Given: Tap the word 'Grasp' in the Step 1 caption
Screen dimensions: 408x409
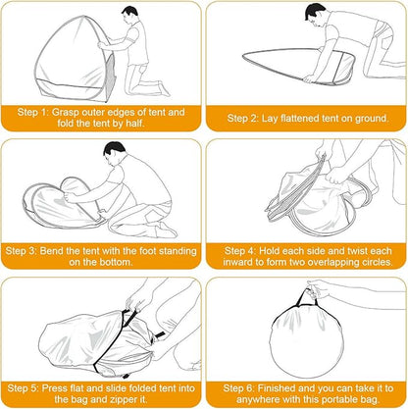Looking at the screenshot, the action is (66, 113).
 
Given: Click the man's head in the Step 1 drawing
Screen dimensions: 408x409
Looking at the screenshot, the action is (129, 15).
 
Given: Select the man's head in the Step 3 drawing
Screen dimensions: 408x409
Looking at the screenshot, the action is (114, 151).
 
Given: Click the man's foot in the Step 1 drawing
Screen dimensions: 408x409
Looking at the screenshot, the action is (164, 88).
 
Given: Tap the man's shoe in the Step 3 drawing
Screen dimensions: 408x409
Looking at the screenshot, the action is (167, 230).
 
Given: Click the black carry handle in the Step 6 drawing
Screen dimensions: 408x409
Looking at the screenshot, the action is (306, 298).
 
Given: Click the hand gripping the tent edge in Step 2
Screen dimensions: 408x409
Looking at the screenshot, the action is (310, 78).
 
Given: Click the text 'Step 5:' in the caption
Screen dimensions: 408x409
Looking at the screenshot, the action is (23, 388).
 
